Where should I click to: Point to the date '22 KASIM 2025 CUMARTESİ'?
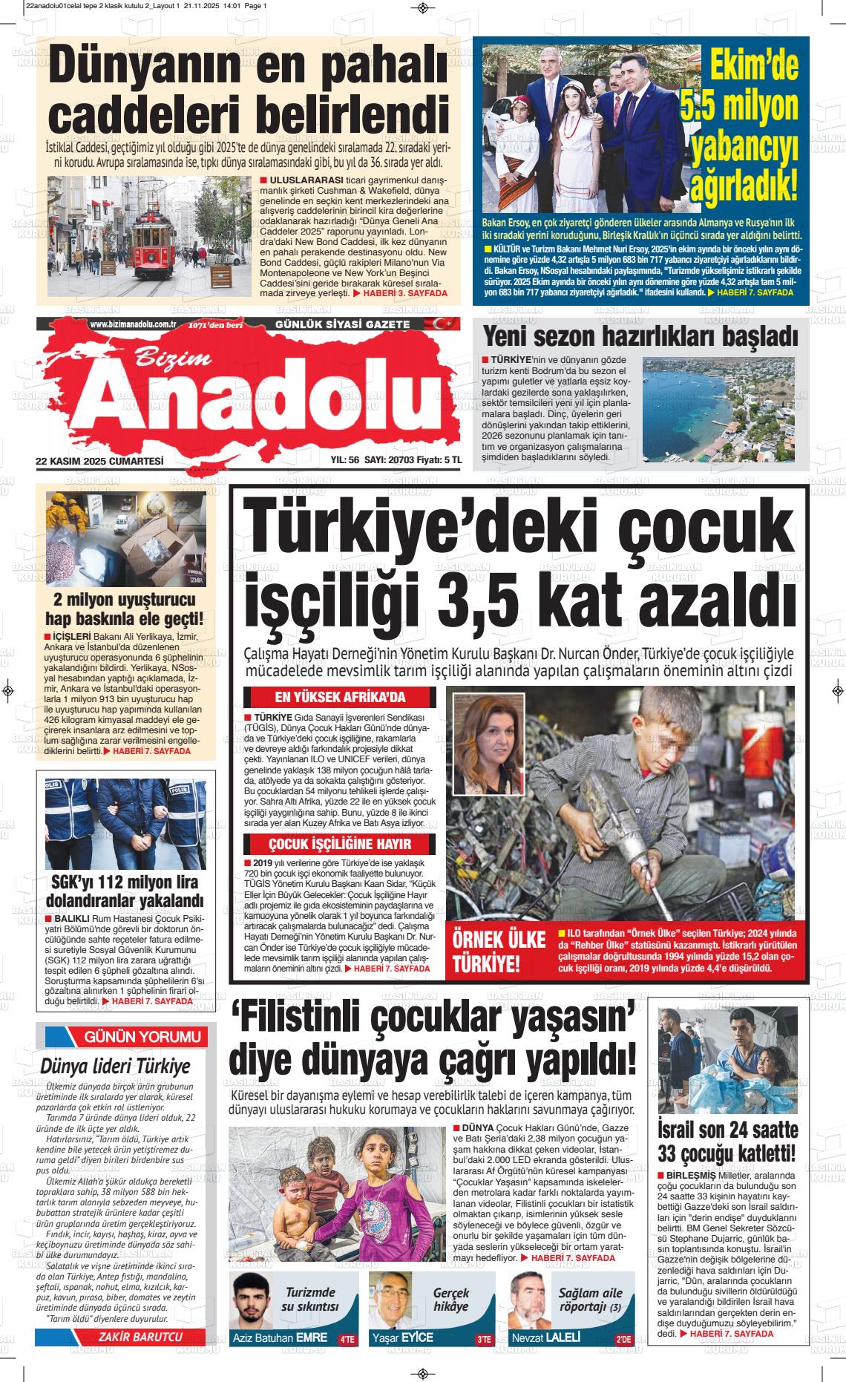coord(99,460)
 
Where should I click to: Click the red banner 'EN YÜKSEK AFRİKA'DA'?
coord(340,697)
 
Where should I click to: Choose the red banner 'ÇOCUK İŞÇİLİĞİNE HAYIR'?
coord(340,844)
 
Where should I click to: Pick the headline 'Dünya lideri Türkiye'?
coord(115,1067)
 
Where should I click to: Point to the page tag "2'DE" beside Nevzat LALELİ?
coord(623,1339)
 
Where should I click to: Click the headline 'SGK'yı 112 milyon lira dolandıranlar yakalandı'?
coord(124,891)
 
